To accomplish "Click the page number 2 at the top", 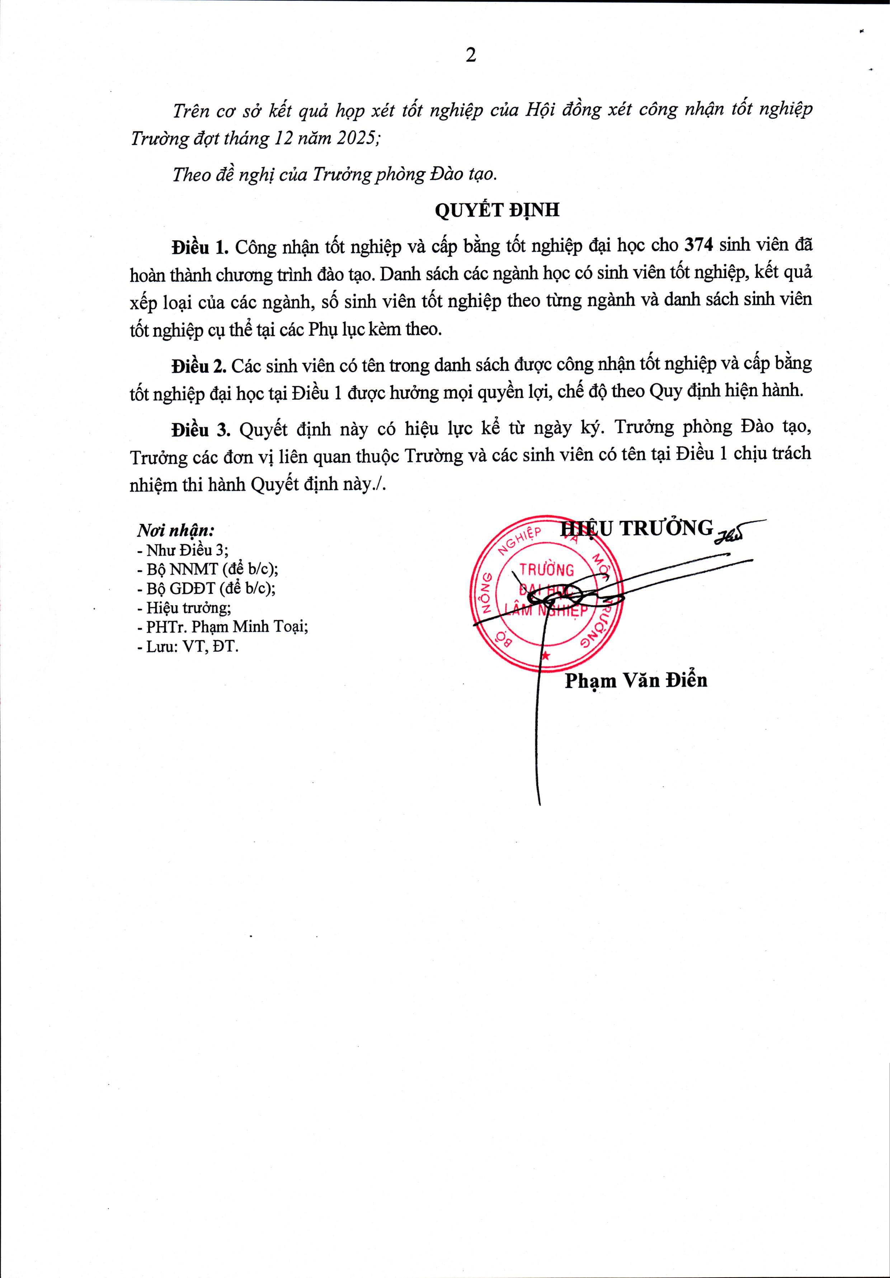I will click(471, 56).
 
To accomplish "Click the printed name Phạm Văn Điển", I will click(636, 680).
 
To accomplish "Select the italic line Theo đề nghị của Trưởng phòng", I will click(334, 175).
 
